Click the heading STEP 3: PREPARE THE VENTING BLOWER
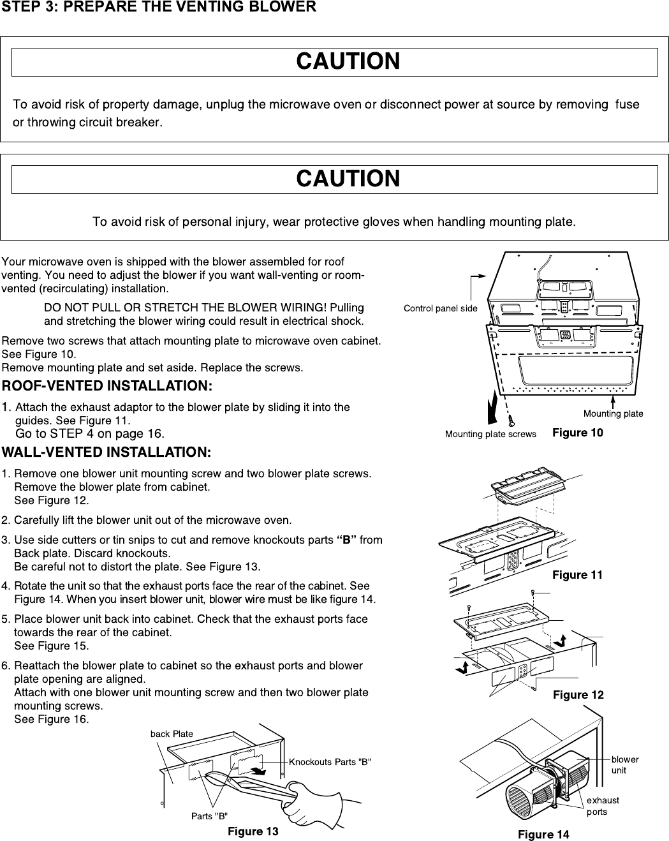coord(159,8)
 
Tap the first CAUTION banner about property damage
coord(348,62)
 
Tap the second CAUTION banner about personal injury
coord(348,179)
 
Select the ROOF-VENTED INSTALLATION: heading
coord(107,386)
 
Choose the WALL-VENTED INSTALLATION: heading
coord(107,452)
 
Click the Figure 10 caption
coord(577,433)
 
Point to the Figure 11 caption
coord(577,575)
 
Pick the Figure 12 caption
coord(578,695)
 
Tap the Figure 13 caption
coord(253,831)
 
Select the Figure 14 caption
coord(543,835)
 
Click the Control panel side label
coord(440,308)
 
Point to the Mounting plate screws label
coord(490,435)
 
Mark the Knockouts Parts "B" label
coord(330,762)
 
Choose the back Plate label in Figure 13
coord(172,734)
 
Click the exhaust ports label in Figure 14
coord(603,806)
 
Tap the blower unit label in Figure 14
coord(624,764)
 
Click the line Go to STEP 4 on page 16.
coord(90,434)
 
